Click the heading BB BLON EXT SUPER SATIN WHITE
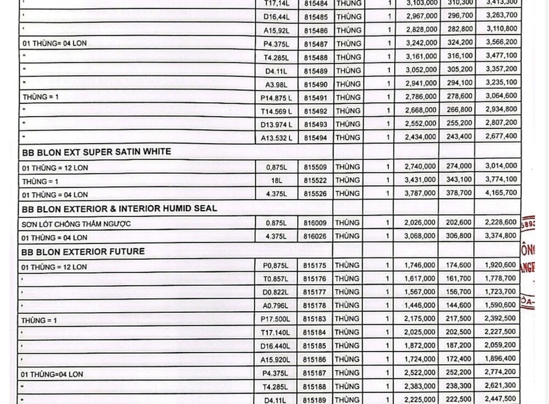(96, 152)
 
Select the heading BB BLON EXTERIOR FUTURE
(83, 252)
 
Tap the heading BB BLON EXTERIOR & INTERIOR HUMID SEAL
(120, 208)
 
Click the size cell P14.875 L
(277, 98)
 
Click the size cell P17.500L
(276, 319)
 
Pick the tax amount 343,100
(459, 180)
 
